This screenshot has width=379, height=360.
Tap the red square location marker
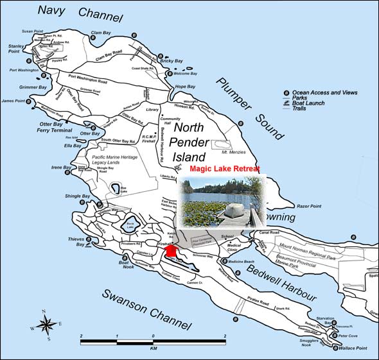[x=171, y=252]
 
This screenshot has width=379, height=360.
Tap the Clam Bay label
[x=101, y=33]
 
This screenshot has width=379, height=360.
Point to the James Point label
[x=13, y=101]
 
